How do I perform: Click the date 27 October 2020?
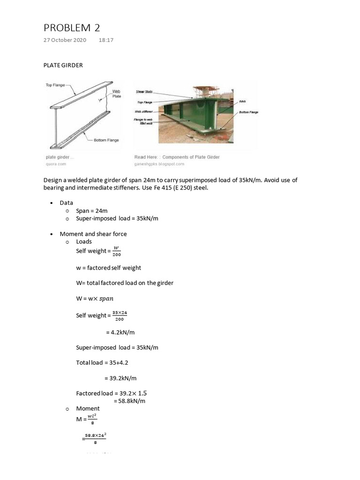pyautogui.click(x=65, y=40)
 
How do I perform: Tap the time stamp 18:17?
pyautogui.click(x=106, y=40)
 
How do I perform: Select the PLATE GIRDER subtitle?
pyautogui.click(x=63, y=65)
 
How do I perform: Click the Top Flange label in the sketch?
pyautogui.click(x=55, y=85)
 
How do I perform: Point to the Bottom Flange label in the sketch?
pyautogui.click(x=106, y=140)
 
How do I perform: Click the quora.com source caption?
pyautogui.click(x=56, y=164)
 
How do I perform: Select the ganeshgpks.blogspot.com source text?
pyautogui.click(x=159, y=164)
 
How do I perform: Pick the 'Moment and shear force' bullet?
pyautogui.click(x=93, y=234)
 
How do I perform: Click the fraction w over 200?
pyautogui.click(x=117, y=251)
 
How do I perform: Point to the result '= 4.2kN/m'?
pyautogui.click(x=120, y=332)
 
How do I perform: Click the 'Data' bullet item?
pyautogui.click(x=67, y=203)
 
